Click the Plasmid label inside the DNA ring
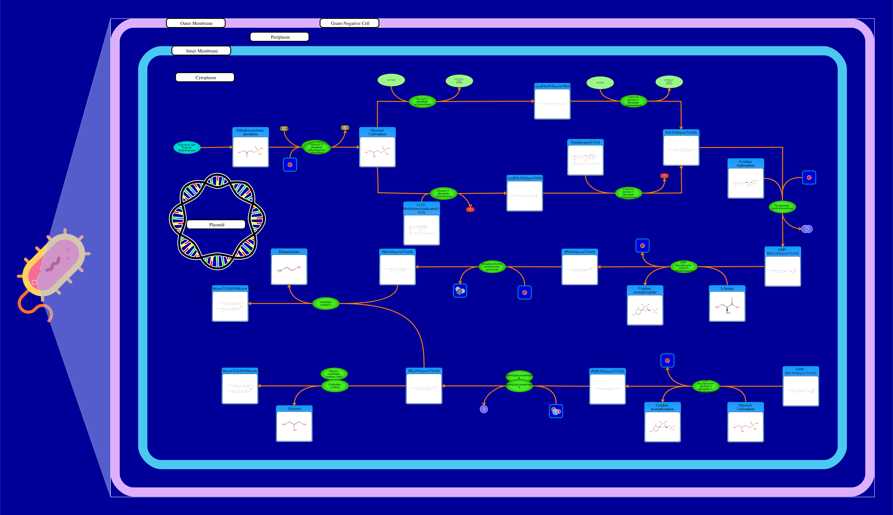tap(216, 225)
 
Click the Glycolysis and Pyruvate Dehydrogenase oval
tap(187, 148)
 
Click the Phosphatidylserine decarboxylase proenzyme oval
tap(492, 267)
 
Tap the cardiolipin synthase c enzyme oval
tap(326, 303)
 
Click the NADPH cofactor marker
tap(284, 129)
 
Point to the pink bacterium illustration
tap(53, 269)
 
